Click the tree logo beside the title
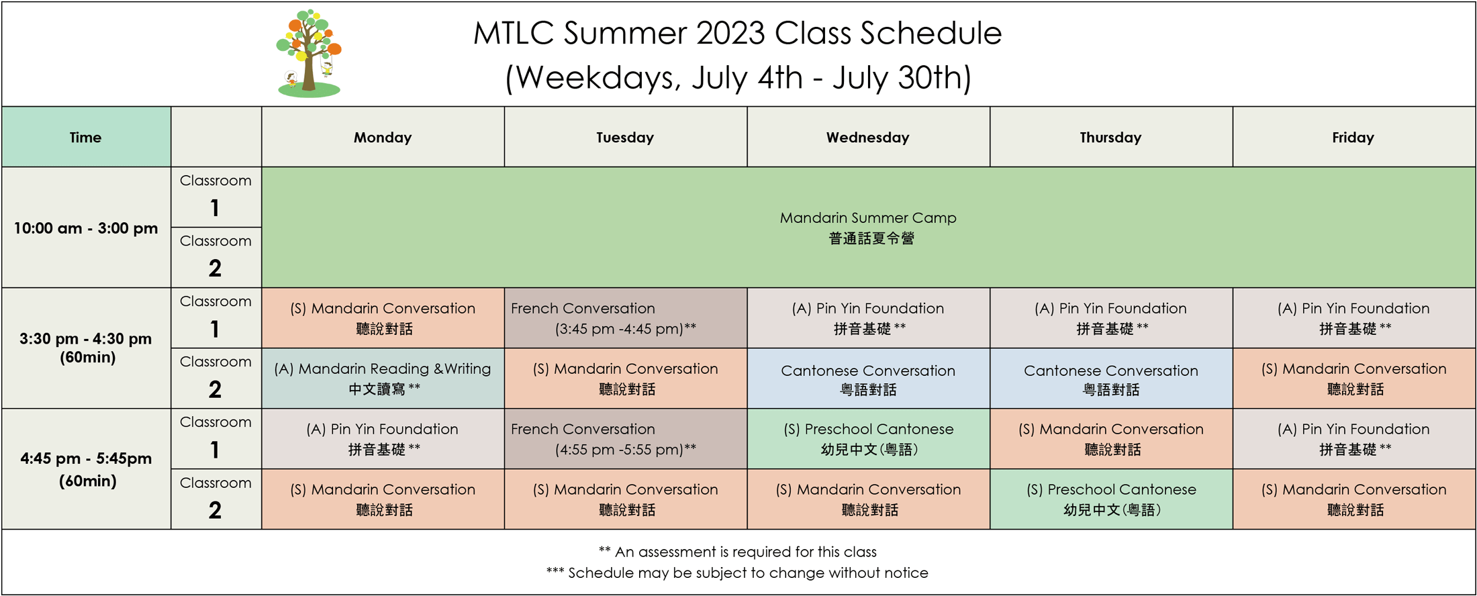(309, 53)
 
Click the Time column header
(86, 137)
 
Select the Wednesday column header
(868, 137)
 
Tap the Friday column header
(1353, 137)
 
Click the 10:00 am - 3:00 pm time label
(86, 228)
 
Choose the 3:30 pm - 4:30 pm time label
(86, 348)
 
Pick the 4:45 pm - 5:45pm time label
(86, 469)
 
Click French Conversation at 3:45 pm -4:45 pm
(626, 318)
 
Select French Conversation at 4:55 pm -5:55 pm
(626, 439)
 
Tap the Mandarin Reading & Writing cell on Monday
(383, 379)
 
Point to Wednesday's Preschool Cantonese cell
(868, 439)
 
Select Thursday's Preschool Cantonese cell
(1111, 499)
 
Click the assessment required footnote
(737, 552)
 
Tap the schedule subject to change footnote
(737, 573)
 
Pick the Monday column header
(383, 137)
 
